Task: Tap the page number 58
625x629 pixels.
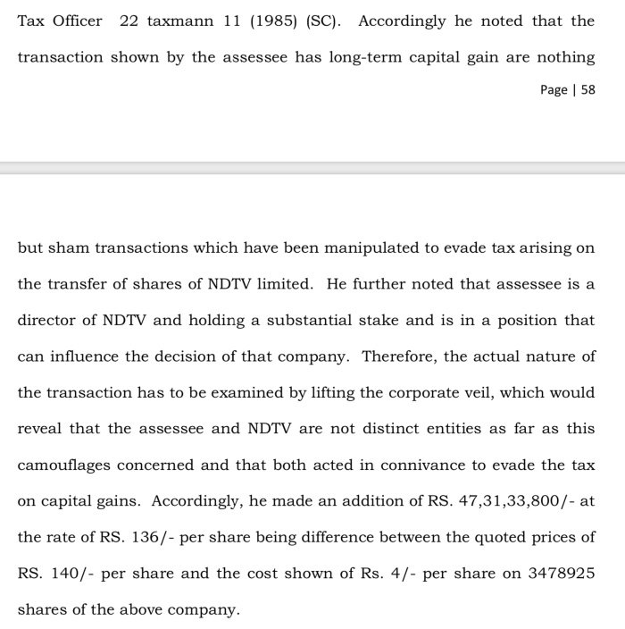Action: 587,90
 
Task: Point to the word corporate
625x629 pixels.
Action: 431,392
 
